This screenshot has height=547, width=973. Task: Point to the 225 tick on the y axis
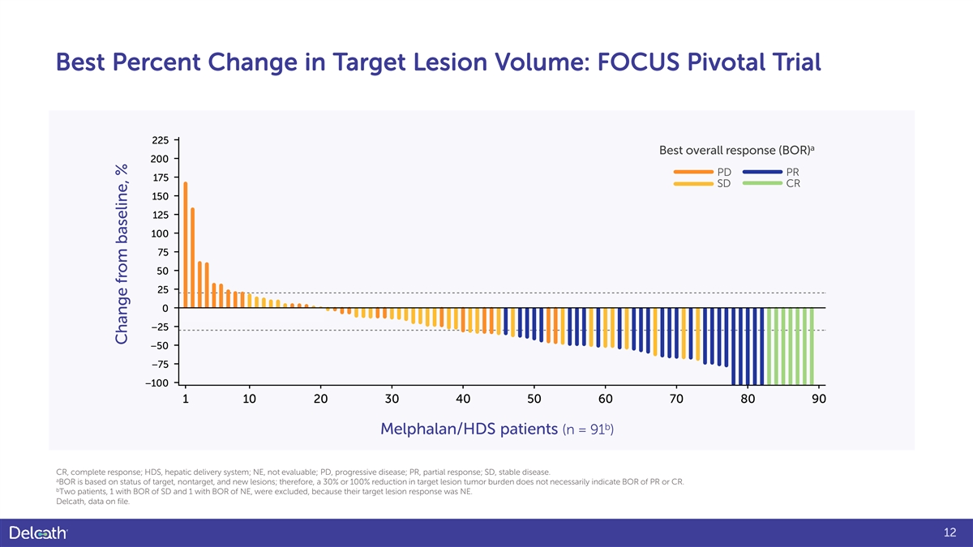pos(160,140)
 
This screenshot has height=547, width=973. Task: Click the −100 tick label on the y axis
pos(158,382)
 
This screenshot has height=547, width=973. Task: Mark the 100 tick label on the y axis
pos(160,233)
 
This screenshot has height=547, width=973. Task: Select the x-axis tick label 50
pos(534,399)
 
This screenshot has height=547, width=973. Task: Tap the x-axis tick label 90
pos(818,399)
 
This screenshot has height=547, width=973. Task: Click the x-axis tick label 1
pos(186,399)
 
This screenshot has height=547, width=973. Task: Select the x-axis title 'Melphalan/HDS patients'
pos(469,429)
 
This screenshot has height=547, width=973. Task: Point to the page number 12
pos(951,532)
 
